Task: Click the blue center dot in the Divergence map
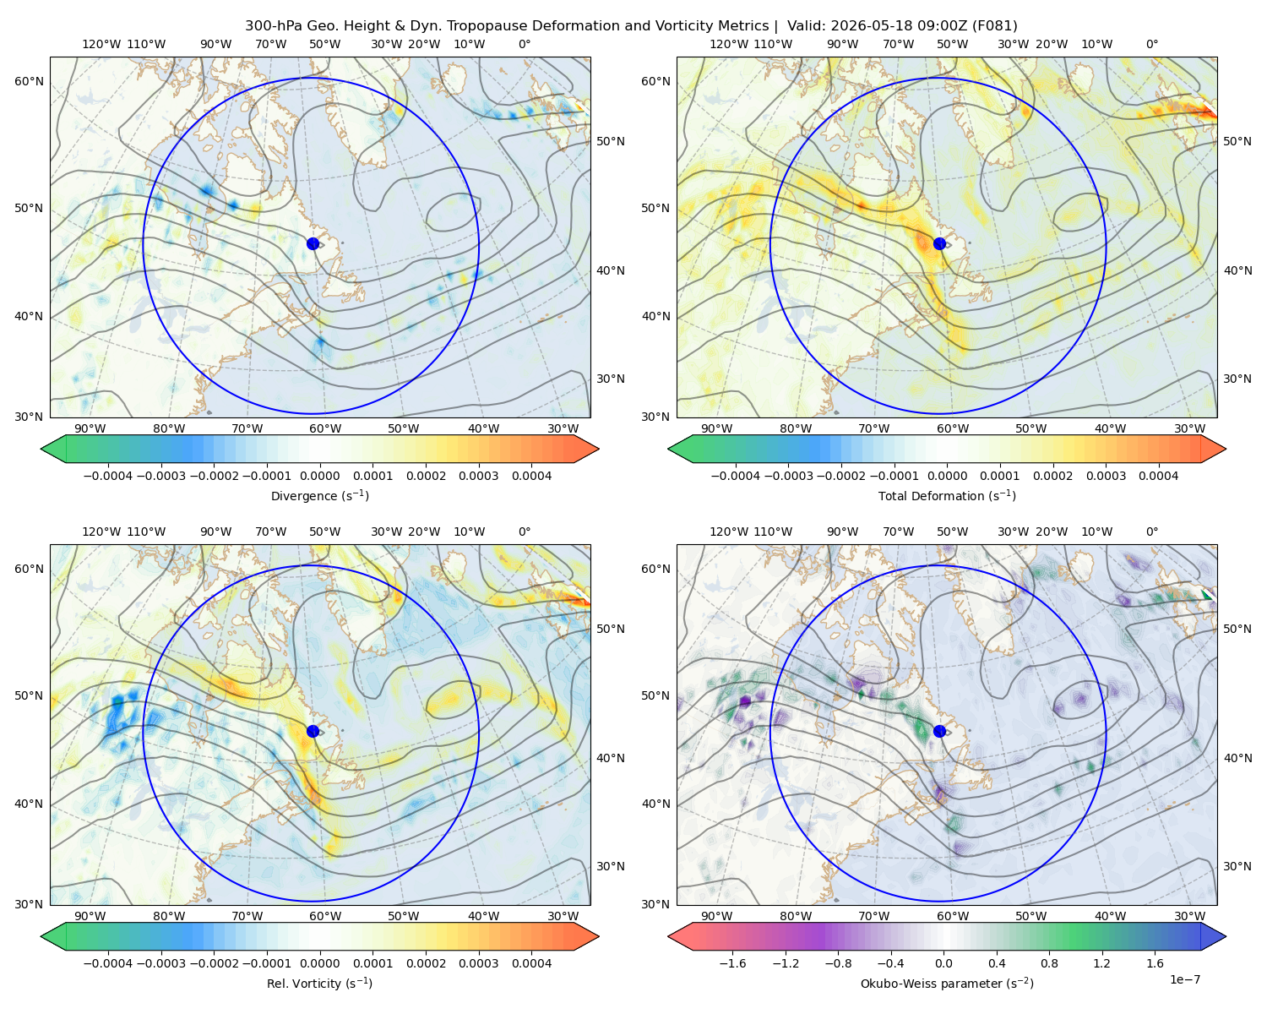coord(313,243)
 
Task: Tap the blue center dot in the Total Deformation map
coord(939,243)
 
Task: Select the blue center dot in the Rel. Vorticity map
coord(313,731)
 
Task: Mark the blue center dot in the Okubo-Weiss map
coord(939,731)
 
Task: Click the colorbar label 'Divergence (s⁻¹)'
coord(319,495)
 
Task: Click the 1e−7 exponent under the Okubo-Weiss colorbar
coord(1184,979)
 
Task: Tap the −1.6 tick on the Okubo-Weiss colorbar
coord(732,962)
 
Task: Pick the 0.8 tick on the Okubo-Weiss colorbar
coord(1049,962)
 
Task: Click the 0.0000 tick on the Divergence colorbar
coord(319,476)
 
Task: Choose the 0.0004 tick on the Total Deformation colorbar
coord(1158,476)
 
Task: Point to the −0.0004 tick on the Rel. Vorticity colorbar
coord(108,962)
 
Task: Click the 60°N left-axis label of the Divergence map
coord(29,81)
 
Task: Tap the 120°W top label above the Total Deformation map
coord(728,44)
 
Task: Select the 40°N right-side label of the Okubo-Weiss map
coord(1237,758)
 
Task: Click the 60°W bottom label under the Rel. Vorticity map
coord(325,916)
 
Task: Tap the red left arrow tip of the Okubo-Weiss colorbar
coord(669,936)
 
